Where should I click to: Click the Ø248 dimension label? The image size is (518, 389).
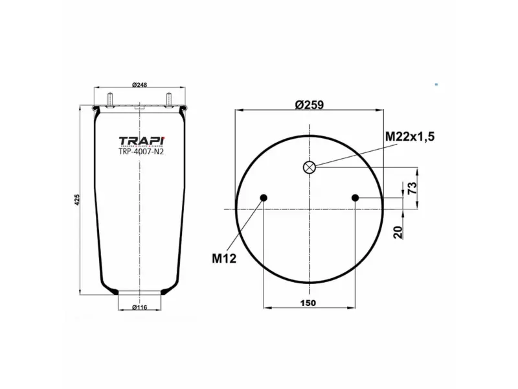(141, 84)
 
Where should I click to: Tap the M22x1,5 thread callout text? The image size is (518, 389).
(409, 136)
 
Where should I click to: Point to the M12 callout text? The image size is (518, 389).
(224, 258)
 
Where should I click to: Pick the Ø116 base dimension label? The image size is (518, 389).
(141, 307)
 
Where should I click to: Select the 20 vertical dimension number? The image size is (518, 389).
(400, 231)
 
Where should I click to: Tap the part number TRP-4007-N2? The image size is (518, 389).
(141, 153)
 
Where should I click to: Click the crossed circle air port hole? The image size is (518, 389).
(310, 167)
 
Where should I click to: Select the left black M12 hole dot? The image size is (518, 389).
(263, 198)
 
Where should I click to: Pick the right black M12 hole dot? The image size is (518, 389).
(355, 198)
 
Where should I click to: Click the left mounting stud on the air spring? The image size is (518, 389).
(110, 100)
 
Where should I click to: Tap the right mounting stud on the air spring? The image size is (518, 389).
(170, 100)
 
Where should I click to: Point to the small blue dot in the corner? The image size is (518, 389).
(436, 84)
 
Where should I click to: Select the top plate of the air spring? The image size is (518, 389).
(141, 106)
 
